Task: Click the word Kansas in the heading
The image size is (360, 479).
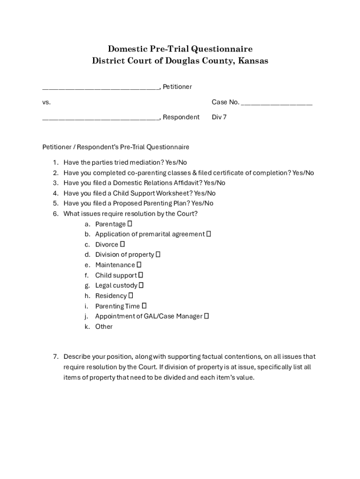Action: [253, 61]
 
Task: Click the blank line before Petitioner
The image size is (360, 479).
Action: [101, 87]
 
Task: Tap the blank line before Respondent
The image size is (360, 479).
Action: [101, 117]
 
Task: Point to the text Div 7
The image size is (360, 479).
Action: [219, 117]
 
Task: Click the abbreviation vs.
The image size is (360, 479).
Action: [46, 102]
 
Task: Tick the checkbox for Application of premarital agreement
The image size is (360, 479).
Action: [209, 234]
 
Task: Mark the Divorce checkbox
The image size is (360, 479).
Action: [122, 244]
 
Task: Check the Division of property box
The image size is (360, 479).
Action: [158, 254]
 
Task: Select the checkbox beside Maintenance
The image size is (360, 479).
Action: [139, 265]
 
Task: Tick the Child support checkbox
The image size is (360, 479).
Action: [140, 275]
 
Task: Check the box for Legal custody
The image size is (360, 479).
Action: [141, 285]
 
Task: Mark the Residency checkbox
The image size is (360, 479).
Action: [131, 296]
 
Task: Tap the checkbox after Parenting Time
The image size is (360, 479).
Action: [144, 306]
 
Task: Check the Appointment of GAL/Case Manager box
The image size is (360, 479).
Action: [207, 316]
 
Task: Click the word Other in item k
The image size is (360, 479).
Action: [104, 327]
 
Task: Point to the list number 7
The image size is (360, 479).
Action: [55, 356]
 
